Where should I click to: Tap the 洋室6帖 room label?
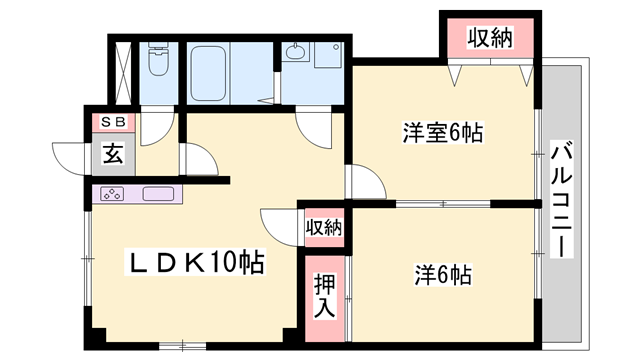[x=443, y=131]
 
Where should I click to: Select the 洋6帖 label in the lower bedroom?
[x=443, y=273]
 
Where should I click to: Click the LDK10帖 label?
[x=194, y=262]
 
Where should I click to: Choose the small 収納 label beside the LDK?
[x=323, y=227]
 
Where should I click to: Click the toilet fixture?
[x=158, y=62]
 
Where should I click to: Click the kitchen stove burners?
[x=113, y=194]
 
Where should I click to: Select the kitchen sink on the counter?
[x=159, y=194]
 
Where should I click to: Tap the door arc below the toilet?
[x=156, y=126]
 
